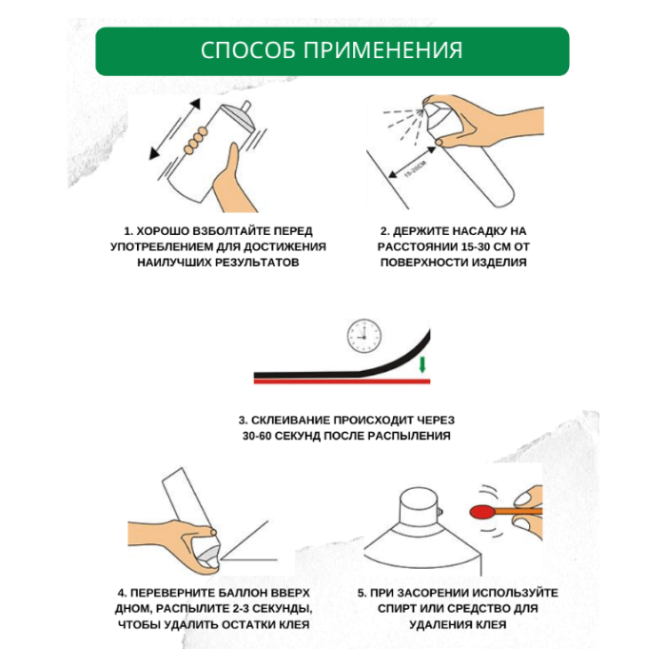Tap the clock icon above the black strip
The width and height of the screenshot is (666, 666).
[364, 336]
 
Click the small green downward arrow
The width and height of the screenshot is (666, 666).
[421, 364]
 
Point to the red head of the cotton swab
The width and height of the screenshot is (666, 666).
[483, 511]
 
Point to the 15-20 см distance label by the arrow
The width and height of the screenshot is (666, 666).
[415, 169]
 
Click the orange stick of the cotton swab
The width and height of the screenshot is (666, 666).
[519, 511]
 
